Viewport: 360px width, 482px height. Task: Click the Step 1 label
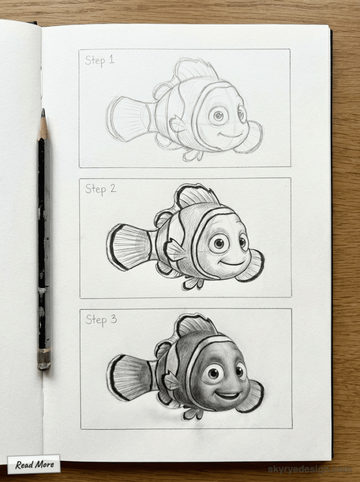coord(99,60)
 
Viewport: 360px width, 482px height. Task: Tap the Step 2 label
coord(100,189)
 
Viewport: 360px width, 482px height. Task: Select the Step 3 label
coord(101,320)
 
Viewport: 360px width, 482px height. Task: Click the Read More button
coord(34,464)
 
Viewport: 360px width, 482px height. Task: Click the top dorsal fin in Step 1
coord(193,68)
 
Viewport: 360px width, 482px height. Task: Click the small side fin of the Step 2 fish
coord(175,250)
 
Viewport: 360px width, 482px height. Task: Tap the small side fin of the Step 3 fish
coord(172,382)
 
